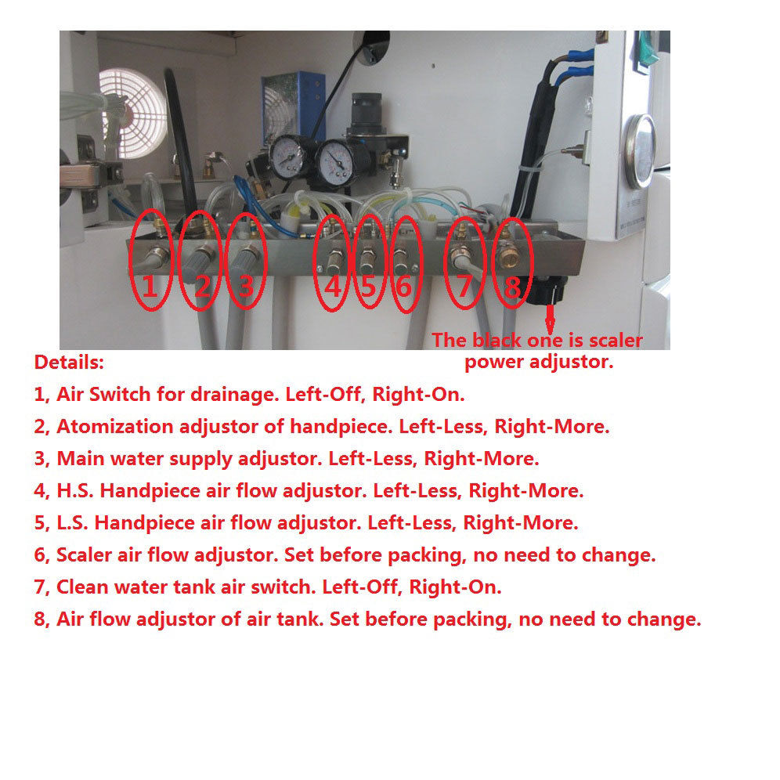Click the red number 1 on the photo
pos(150,286)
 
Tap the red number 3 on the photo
pos(246,286)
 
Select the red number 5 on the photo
pos(368,286)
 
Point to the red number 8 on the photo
pos(512,286)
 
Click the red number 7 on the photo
pos(464,286)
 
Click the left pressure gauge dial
pos(287,157)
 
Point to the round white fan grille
pos(133,113)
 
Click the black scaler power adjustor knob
pos(547,291)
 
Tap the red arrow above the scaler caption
pos(550,319)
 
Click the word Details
pos(69,362)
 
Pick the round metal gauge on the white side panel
pos(641,151)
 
